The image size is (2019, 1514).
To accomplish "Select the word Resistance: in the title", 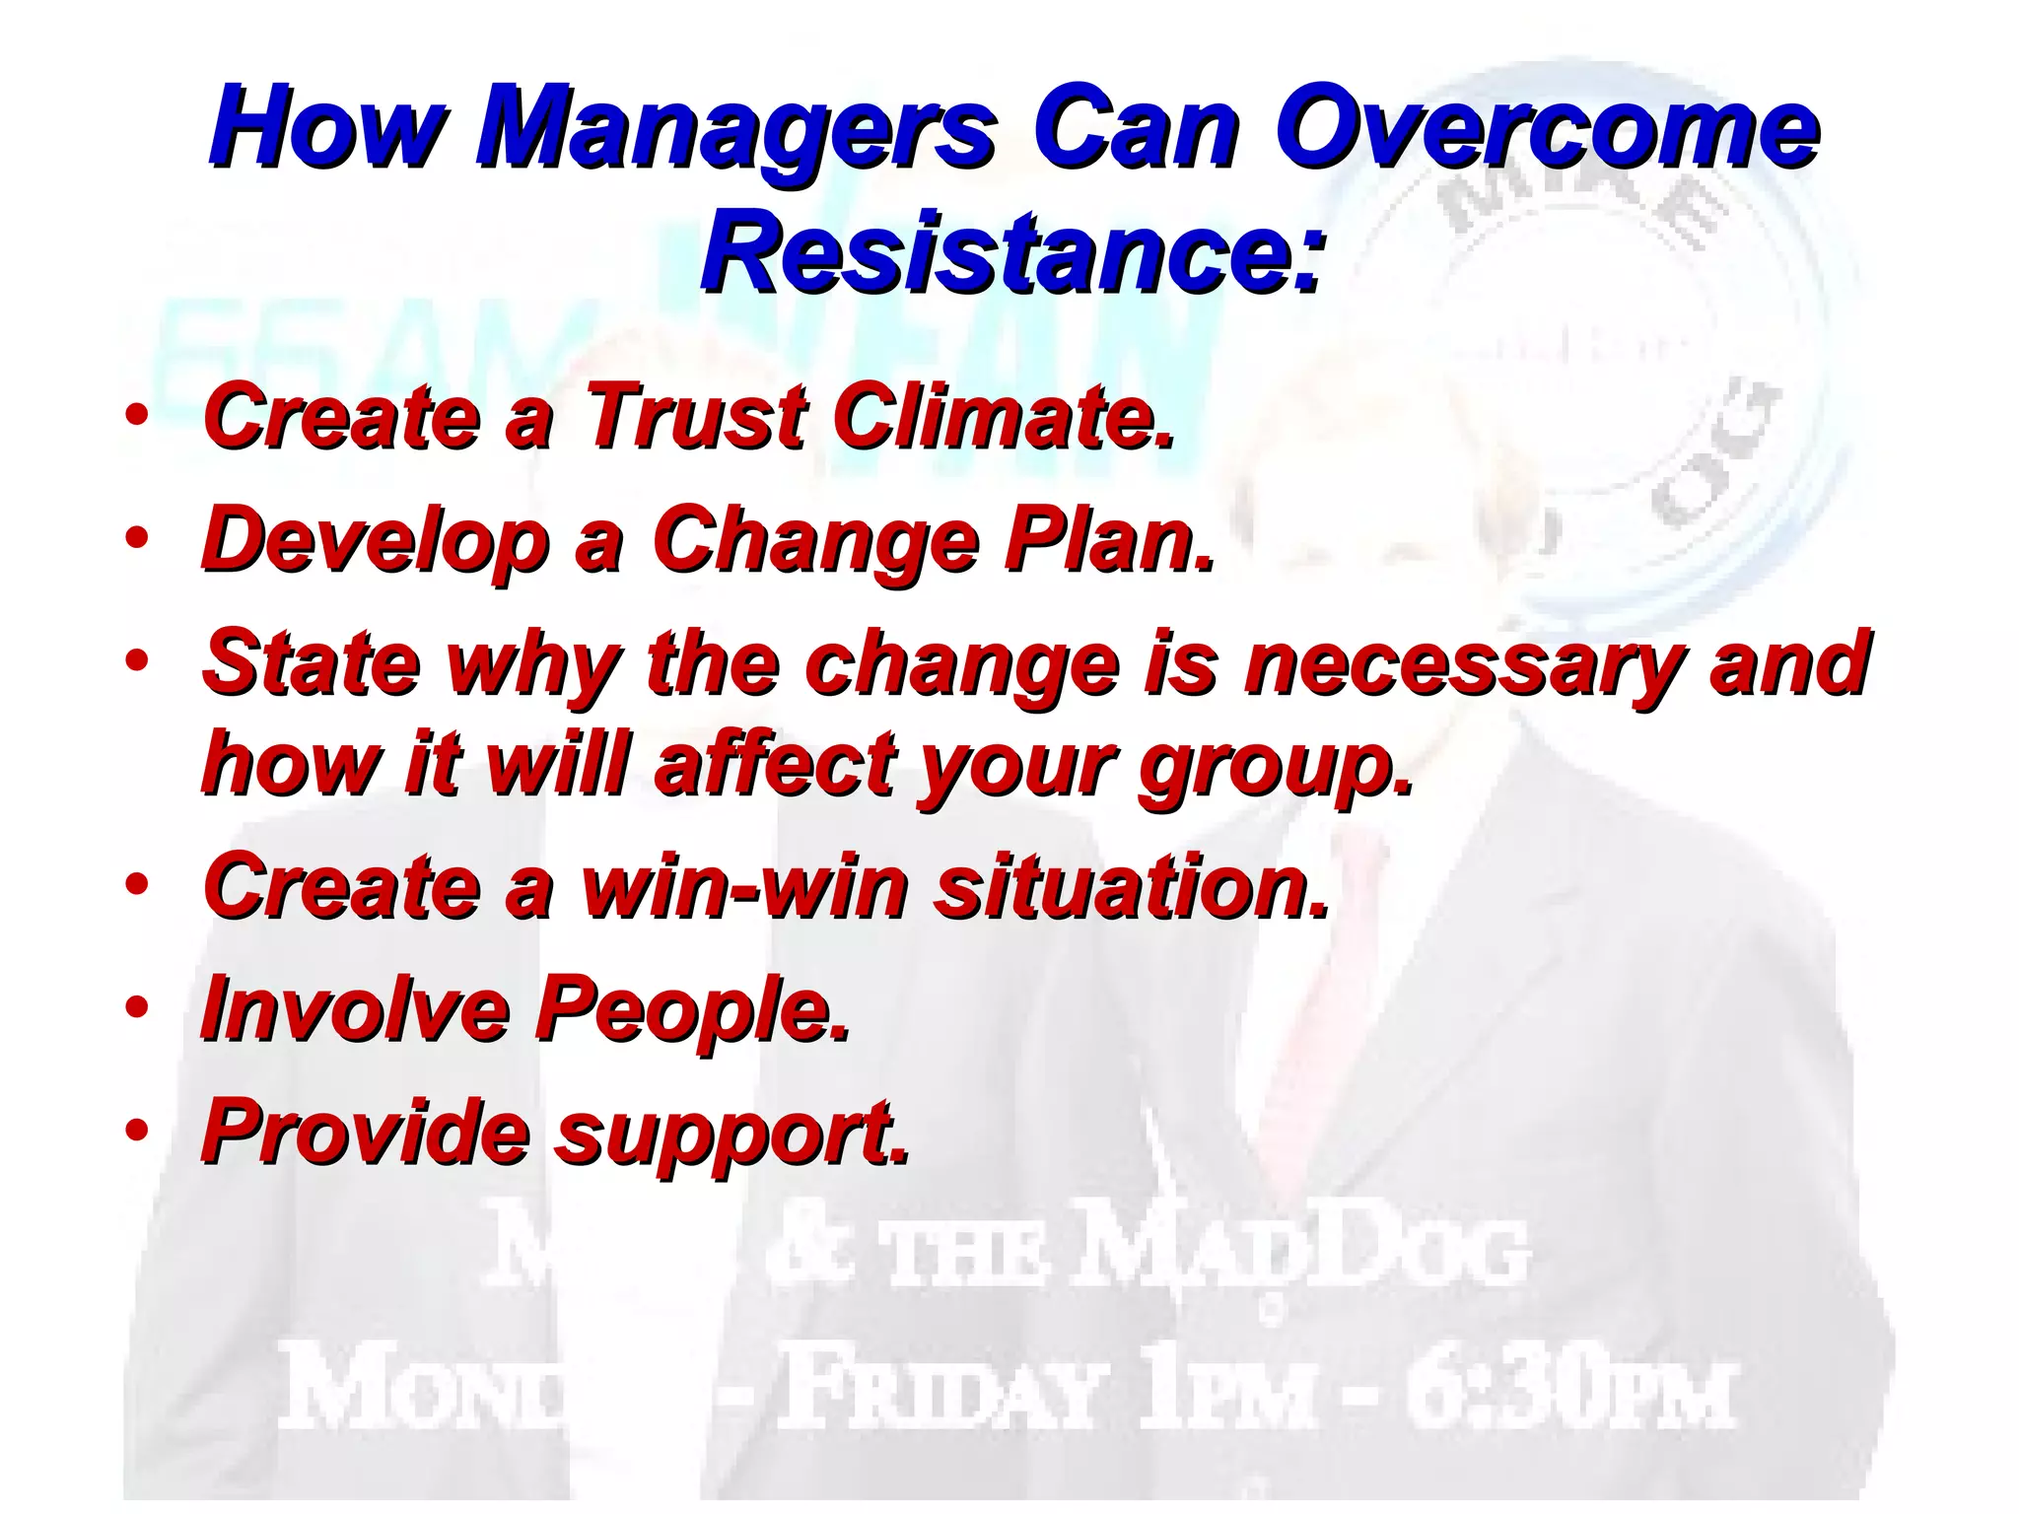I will point(1009,252).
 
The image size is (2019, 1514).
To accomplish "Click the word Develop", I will point(375,540).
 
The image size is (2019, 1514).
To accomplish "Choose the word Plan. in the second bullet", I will point(1108,540).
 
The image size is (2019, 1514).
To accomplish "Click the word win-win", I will point(745,887).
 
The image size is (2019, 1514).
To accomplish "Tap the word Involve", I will point(354,1009).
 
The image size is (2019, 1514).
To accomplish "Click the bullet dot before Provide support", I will point(137,1130).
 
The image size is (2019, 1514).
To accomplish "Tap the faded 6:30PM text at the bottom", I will point(1567,1396).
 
